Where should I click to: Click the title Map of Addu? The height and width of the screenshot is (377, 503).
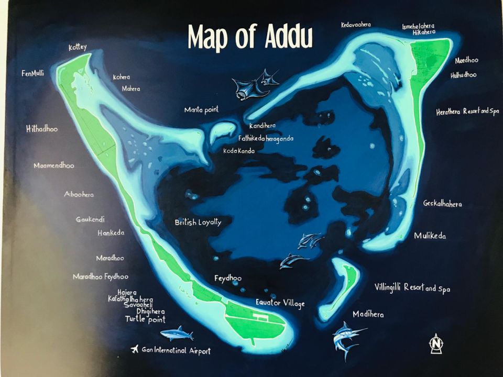click(x=250, y=37)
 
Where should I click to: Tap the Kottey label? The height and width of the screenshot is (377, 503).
click(x=78, y=48)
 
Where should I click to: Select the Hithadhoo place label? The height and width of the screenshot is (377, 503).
click(x=42, y=128)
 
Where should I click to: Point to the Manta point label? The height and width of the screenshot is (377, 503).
click(x=201, y=110)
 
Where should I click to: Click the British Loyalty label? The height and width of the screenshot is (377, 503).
click(x=198, y=222)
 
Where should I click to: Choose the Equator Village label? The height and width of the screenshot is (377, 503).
click(x=280, y=303)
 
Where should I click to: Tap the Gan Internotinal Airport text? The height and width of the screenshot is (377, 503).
click(x=176, y=350)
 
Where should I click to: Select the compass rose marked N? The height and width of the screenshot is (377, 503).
click(x=435, y=343)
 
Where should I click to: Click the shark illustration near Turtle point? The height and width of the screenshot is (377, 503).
click(x=177, y=333)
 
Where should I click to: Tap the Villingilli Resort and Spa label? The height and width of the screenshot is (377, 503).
click(x=412, y=287)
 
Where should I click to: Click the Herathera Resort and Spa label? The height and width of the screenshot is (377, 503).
click(x=467, y=112)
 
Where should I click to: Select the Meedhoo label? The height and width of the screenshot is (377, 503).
click(x=466, y=60)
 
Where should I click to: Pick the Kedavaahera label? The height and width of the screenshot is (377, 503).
click(x=356, y=25)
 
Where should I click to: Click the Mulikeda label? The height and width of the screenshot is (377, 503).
click(x=430, y=236)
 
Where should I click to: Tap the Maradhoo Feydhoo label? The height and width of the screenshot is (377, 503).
click(x=100, y=276)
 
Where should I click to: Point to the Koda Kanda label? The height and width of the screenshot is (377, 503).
click(x=239, y=151)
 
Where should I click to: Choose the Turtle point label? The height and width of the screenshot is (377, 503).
click(x=145, y=319)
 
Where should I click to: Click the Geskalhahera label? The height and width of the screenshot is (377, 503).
click(x=442, y=204)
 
